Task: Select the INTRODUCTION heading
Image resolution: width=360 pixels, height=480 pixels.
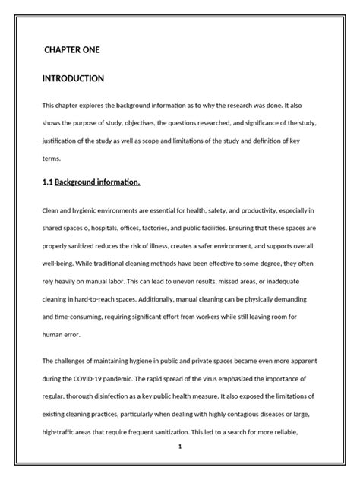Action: (x=73, y=78)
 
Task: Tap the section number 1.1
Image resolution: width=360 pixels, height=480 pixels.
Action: (x=48, y=182)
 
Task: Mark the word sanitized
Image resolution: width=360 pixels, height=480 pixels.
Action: (x=90, y=247)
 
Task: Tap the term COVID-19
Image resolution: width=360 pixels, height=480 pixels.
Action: (x=97, y=377)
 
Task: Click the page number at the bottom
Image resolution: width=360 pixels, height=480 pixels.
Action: (x=180, y=447)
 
